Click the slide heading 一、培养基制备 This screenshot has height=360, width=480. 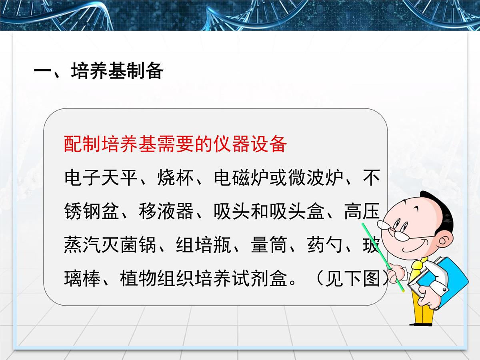click(98, 71)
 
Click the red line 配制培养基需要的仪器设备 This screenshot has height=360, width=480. click(175, 144)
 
